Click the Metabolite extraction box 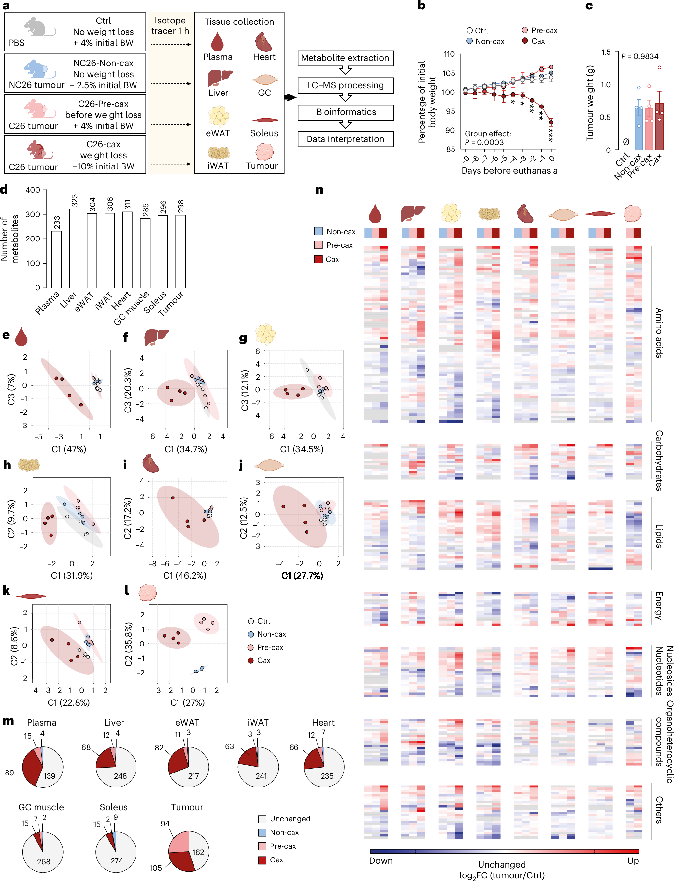(345, 58)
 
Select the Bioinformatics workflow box (345, 112)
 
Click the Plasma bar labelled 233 (57, 259)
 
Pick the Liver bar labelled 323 (74, 248)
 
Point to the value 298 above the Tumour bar (180, 206)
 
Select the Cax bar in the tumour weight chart (659, 126)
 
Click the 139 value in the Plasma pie (49, 775)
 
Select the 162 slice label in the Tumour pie (198, 852)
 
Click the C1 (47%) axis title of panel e (69, 449)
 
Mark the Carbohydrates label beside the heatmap (658, 461)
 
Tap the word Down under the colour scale (381, 861)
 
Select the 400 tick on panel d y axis (33, 190)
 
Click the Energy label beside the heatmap (658, 605)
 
